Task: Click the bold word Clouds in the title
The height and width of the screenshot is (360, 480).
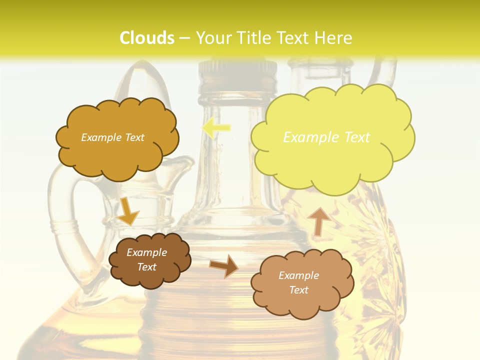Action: click(x=147, y=38)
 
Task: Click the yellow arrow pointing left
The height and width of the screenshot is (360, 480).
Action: click(x=216, y=128)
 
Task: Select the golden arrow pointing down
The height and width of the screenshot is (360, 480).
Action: click(x=127, y=211)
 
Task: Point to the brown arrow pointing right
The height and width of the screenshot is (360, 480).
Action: click(x=224, y=265)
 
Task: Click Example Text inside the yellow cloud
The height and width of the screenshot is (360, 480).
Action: click(x=326, y=137)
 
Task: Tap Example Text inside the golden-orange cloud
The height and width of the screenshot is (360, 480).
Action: click(x=112, y=137)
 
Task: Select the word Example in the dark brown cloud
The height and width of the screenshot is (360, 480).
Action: click(x=146, y=252)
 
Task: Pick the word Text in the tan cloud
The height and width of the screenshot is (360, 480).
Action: click(x=298, y=290)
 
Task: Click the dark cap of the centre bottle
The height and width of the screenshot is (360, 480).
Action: click(x=238, y=75)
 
